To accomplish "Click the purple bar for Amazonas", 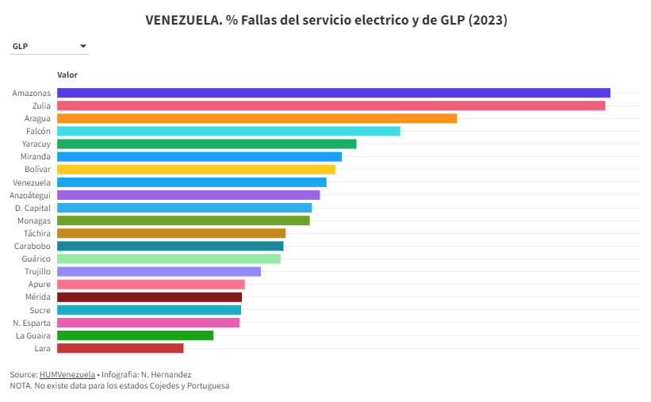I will click(x=333, y=93).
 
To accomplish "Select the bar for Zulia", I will click(x=331, y=105).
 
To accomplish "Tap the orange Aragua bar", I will click(x=257, y=118).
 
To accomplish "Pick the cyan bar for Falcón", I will click(x=228, y=131).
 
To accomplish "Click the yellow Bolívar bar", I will click(x=196, y=169).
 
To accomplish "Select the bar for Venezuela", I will click(x=192, y=182).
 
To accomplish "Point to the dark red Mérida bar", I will click(x=149, y=297).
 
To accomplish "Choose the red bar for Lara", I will click(x=120, y=348).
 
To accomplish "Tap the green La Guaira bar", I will click(x=135, y=335).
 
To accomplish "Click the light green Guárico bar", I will click(x=169, y=258).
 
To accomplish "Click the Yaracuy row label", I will click(x=36, y=144).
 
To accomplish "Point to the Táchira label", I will click(x=37, y=233).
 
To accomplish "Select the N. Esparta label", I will click(x=32, y=323).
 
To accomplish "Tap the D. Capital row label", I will click(x=33, y=208).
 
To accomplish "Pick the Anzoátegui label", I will click(x=30, y=195).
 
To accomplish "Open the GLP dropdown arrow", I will click(x=83, y=46).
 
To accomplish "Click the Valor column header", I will click(x=67, y=75).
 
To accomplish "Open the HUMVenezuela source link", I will click(x=67, y=374).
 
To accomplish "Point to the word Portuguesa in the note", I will click(x=206, y=385).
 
